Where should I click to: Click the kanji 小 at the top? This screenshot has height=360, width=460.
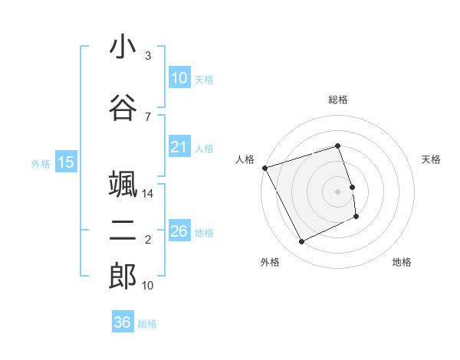pyautogui.click(x=123, y=47)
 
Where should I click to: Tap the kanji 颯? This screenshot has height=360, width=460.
pyautogui.click(x=123, y=185)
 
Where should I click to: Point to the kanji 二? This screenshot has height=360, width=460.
pyautogui.click(x=123, y=232)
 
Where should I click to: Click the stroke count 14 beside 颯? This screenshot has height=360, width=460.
pyautogui.click(x=149, y=194)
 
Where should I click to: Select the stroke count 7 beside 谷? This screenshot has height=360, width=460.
pyautogui.click(x=148, y=116)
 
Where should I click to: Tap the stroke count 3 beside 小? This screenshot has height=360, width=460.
pyautogui.click(x=148, y=56)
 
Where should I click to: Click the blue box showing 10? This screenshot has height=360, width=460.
pyautogui.click(x=179, y=78)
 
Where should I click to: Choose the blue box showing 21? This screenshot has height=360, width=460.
pyautogui.click(x=179, y=147)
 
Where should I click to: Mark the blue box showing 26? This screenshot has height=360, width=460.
pyautogui.click(x=179, y=231)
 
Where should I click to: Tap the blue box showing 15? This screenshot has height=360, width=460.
pyautogui.click(x=65, y=162)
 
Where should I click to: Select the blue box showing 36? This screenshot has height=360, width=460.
pyautogui.click(x=122, y=322)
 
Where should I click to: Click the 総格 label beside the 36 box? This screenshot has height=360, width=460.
pyautogui.click(x=147, y=324)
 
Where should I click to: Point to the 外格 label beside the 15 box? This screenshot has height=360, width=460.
pyautogui.click(x=41, y=163)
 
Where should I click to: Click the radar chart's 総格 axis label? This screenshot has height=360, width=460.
pyautogui.click(x=337, y=100)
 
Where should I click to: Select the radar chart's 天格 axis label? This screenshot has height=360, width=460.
pyautogui.click(x=431, y=159)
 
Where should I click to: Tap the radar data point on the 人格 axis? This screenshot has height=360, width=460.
pyautogui.click(x=264, y=168)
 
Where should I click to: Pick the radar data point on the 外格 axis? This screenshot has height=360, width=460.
pyautogui.click(x=301, y=242)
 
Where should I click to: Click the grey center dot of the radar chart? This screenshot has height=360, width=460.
pyautogui.click(x=337, y=191)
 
